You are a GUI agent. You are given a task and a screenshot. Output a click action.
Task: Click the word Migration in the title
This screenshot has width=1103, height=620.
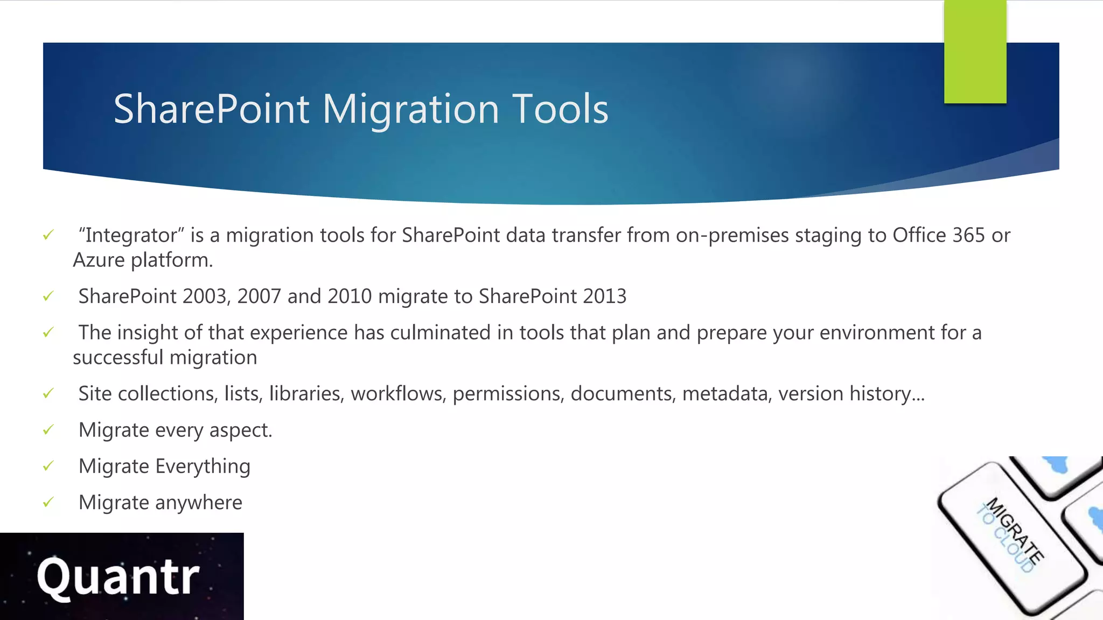click(x=411, y=110)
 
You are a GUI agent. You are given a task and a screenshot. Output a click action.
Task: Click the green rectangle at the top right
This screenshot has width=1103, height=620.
click(x=975, y=52)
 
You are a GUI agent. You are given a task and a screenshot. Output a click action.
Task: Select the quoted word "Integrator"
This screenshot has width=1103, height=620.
click(x=131, y=236)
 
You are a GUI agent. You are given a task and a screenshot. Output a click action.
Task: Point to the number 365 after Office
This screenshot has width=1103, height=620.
click(x=968, y=235)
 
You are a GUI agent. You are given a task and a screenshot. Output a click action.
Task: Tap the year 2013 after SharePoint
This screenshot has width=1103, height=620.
click(x=604, y=297)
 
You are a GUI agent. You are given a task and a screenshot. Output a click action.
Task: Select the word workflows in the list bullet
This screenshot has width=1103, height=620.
click(x=398, y=394)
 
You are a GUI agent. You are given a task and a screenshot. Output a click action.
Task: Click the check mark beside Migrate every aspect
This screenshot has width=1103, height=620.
click(x=48, y=429)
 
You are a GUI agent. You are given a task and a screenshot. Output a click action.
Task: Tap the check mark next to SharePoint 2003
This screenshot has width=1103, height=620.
click(x=48, y=296)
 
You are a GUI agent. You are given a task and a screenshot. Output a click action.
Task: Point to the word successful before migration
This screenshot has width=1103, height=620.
click(x=118, y=358)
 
